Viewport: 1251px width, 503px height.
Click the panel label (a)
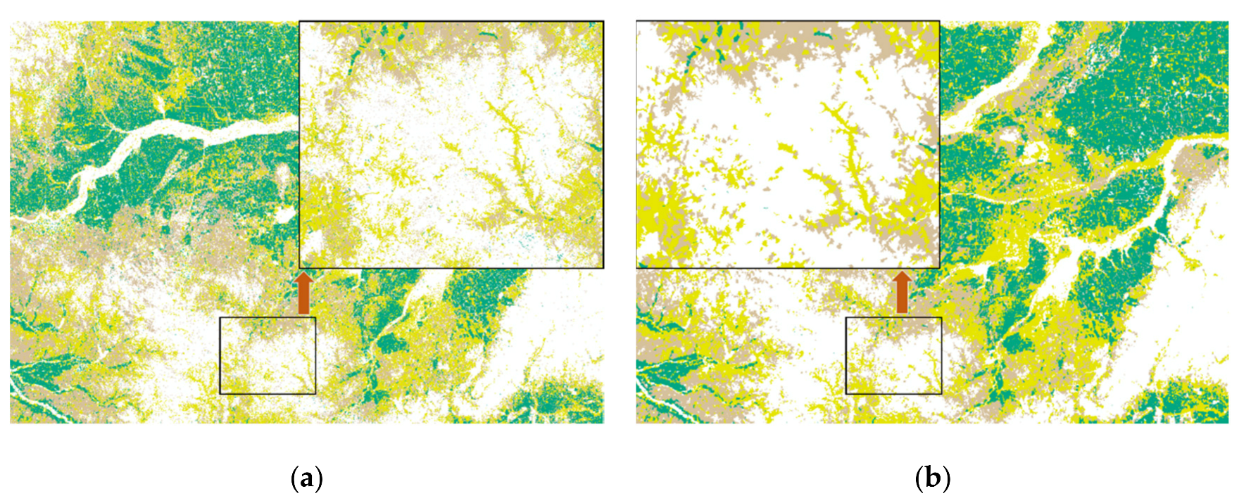[306, 479]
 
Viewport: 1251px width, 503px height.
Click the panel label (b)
[933, 479]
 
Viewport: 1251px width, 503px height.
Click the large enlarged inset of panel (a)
[451, 144]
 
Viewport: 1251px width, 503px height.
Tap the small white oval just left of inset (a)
[284, 215]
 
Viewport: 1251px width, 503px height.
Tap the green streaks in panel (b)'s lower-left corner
[665, 373]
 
